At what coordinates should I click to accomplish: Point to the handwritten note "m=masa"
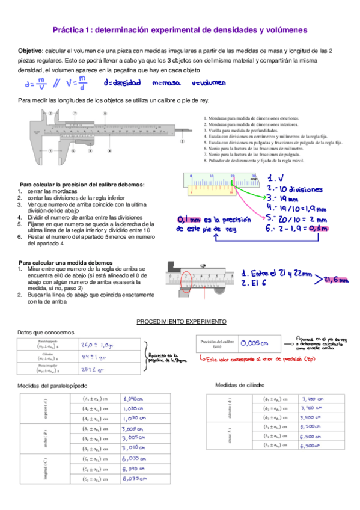[165, 82]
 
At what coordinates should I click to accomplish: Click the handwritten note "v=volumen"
[206, 82]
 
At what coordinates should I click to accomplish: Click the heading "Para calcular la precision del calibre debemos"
[82, 184]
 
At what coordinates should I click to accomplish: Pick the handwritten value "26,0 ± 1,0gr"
[97, 345]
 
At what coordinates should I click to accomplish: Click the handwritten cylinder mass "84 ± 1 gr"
[94, 357]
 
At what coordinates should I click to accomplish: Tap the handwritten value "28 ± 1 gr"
[93, 369]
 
